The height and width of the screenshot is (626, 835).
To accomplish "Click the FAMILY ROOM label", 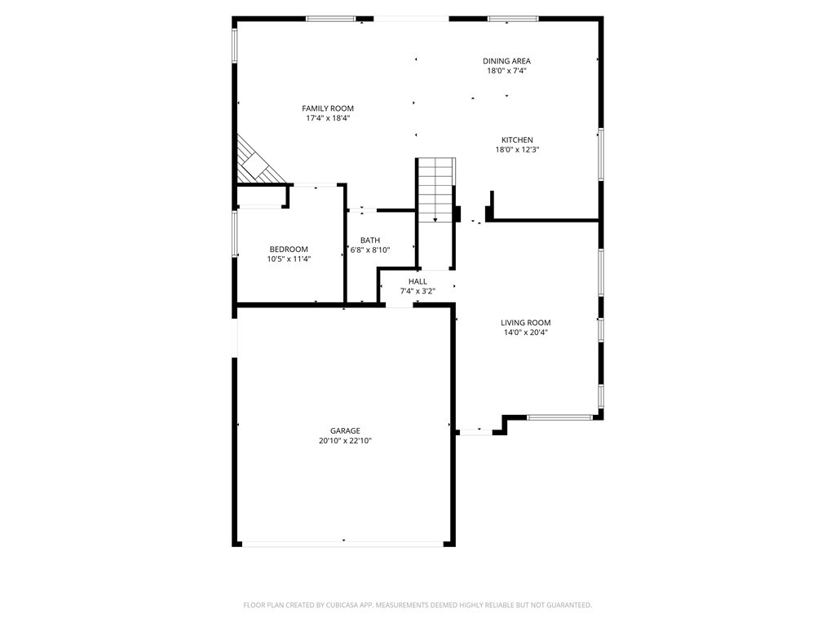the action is pyautogui.click(x=328, y=108).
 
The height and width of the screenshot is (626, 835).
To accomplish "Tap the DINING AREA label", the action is pyautogui.click(x=506, y=61).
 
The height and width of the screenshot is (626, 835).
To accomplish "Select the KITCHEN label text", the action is pyautogui.click(x=517, y=140).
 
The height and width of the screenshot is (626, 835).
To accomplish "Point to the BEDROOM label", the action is pyautogui.click(x=289, y=249).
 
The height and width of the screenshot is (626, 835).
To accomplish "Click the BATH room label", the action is pyautogui.click(x=370, y=240).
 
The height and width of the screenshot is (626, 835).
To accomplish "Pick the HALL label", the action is pyautogui.click(x=417, y=281).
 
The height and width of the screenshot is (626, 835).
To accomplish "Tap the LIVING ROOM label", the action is pyautogui.click(x=526, y=323).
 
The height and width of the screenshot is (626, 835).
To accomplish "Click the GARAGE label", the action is pyautogui.click(x=345, y=430).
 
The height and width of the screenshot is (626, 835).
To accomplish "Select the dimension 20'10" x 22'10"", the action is pyautogui.click(x=345, y=441).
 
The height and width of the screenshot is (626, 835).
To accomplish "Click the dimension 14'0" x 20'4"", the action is pyautogui.click(x=526, y=333).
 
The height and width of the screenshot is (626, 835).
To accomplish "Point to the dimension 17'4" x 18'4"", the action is pyautogui.click(x=328, y=118).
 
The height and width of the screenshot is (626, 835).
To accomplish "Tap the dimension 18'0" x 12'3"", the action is pyautogui.click(x=517, y=150).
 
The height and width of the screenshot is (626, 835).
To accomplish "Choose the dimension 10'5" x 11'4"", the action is pyautogui.click(x=289, y=259).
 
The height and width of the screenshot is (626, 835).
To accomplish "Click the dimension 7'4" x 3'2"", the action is pyautogui.click(x=417, y=291).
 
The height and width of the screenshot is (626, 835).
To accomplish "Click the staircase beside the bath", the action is pyautogui.click(x=436, y=190).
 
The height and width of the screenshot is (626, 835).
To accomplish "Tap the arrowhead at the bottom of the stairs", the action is pyautogui.click(x=435, y=219).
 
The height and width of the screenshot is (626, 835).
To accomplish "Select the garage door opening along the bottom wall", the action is pyautogui.click(x=343, y=544).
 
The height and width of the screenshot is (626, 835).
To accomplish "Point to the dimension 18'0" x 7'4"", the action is pyautogui.click(x=506, y=71).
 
